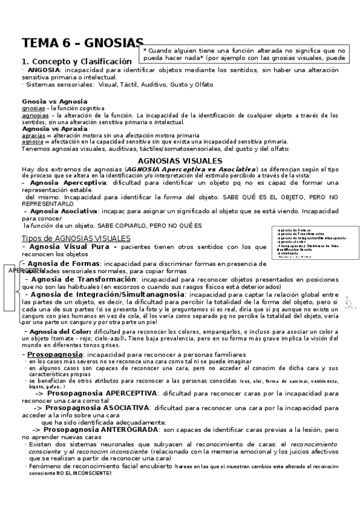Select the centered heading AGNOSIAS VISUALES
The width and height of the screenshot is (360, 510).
click(180, 161)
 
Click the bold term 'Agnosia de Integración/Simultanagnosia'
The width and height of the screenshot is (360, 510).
click(107, 294)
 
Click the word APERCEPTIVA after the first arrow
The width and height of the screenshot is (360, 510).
click(124, 393)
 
